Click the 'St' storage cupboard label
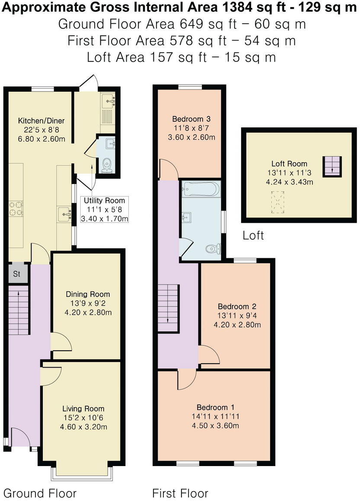[17, 274]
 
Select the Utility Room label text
[104, 200]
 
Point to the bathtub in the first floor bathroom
[201, 188]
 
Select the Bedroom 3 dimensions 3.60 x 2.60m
[191, 137]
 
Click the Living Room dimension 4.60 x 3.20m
[83, 427]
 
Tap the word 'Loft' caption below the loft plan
[253, 236]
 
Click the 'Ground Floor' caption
[40, 493]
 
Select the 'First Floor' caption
[180, 493]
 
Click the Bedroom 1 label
[216, 407]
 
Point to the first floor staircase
[168, 308]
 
